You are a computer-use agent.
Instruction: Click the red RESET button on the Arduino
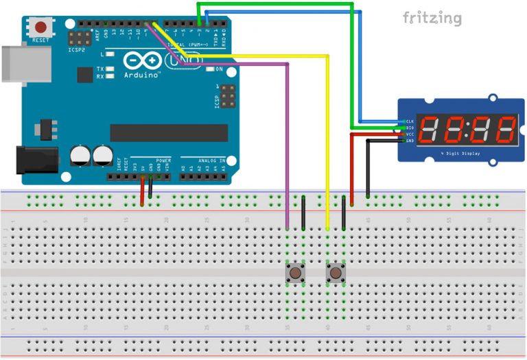pyautogui.click(x=40, y=28)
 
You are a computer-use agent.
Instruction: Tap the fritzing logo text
pyautogui.click(x=432, y=18)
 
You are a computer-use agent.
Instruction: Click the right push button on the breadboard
pyautogui.click(x=336, y=273)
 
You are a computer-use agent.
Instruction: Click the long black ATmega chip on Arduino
pyautogui.click(x=169, y=132)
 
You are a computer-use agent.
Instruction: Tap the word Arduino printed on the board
pyautogui.click(x=142, y=74)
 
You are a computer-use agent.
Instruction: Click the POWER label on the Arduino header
pyautogui.click(x=163, y=160)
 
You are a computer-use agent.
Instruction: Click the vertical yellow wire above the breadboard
pyautogui.click(x=328, y=137)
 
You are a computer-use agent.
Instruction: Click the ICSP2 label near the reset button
pyautogui.click(x=77, y=50)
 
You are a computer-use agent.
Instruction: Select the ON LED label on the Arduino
pyautogui.click(x=220, y=69)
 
